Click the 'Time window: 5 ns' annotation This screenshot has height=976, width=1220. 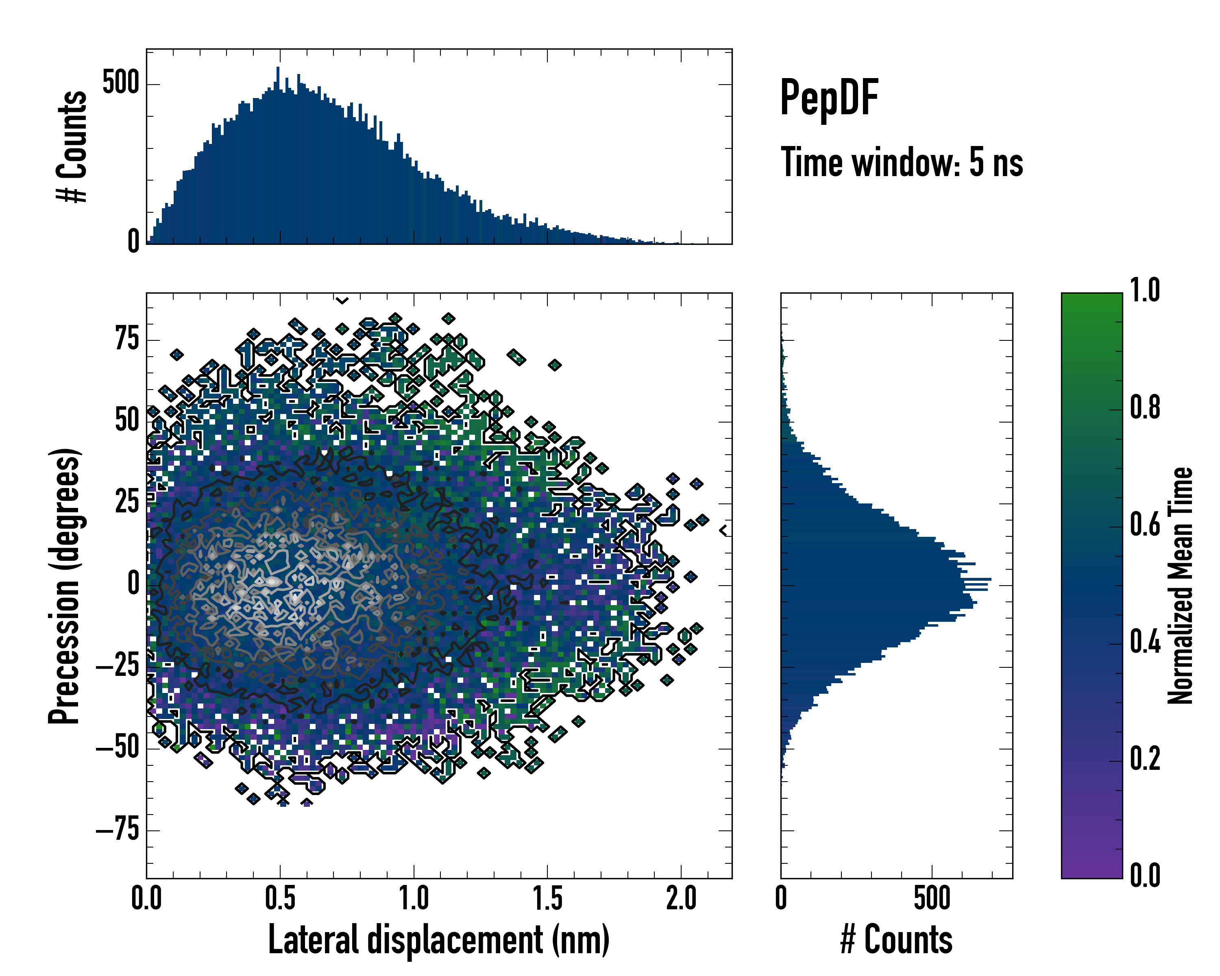(902, 162)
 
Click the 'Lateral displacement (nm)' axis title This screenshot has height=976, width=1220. (438, 939)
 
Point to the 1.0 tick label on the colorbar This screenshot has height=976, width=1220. (1145, 291)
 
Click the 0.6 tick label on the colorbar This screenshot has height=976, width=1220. (1145, 525)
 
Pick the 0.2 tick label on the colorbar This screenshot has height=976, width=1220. (1145, 759)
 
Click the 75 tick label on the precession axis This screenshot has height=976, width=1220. (127, 340)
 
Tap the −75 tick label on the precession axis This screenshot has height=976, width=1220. (118, 830)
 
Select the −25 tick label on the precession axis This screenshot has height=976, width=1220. (118, 667)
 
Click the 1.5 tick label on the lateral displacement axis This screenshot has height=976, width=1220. (547, 898)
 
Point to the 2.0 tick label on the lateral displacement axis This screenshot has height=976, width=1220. (681, 898)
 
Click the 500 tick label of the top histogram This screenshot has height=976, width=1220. (120, 84)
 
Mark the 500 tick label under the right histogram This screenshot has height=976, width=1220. (931, 898)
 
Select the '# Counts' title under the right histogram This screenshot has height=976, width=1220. (896, 939)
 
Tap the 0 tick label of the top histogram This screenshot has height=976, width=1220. (133, 242)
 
